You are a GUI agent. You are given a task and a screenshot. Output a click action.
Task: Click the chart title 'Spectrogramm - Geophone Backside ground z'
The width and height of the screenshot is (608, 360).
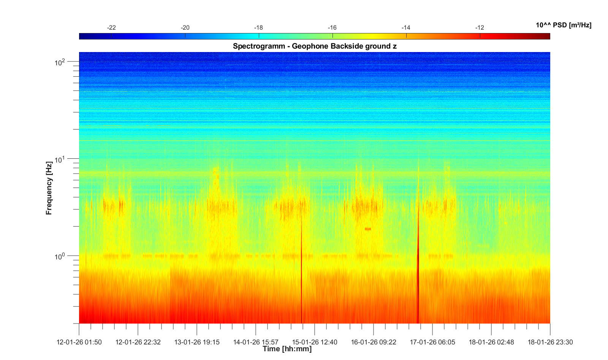315,46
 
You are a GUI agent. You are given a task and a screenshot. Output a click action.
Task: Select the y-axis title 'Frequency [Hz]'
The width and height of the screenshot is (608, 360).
49,188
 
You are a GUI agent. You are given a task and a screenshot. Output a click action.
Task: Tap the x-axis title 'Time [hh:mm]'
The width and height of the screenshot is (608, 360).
287,349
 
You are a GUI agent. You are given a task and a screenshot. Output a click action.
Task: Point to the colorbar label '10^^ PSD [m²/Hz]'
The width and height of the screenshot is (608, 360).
563,25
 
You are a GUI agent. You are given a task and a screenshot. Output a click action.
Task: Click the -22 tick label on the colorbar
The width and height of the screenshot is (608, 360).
111,28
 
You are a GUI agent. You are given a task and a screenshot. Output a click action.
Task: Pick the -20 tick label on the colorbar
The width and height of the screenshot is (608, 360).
185,28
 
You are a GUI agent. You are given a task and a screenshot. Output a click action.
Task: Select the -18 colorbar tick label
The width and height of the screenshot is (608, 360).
258,28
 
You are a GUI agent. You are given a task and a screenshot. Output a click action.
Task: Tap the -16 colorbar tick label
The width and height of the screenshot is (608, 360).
332,28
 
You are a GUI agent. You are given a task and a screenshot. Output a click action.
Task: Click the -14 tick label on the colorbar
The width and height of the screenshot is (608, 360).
406,28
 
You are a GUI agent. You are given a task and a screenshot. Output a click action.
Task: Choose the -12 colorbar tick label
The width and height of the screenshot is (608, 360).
480,28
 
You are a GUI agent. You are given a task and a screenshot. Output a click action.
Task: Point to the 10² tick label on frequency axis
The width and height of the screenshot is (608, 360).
60,62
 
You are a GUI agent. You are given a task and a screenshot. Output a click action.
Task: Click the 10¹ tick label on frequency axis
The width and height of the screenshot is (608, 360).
60,159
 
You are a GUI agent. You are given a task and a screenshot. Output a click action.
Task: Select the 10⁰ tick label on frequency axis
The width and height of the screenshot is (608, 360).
60,257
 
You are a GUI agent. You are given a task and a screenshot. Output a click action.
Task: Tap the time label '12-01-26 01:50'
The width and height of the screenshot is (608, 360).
79,342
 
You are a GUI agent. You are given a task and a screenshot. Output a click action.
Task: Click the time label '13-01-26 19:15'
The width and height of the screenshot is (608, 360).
197,342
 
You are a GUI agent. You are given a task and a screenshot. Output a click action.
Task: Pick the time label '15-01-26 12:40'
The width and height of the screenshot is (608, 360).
315,342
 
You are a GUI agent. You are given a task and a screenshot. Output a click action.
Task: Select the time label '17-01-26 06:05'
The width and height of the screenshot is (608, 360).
432,342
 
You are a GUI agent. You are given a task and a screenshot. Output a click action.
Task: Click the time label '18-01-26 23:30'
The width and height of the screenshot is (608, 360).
550,342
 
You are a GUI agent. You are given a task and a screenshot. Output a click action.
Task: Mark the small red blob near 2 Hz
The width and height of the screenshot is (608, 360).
367,229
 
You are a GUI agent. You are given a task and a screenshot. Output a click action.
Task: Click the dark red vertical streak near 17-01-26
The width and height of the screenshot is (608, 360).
418,266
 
